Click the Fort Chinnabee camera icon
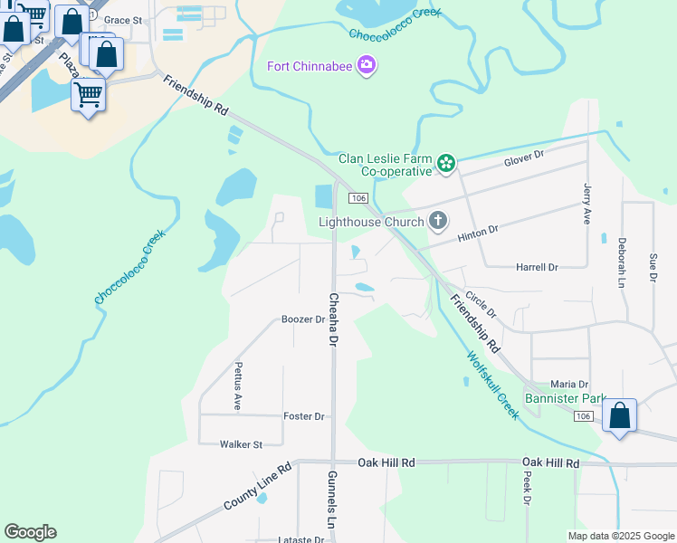pos(367,66)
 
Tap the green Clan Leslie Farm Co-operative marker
pos(445,164)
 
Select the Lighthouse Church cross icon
pos(438,221)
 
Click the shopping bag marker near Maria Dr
pos(619,416)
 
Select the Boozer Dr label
pos(302,319)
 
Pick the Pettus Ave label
pos(238,386)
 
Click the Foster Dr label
pos(303,416)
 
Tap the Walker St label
pos(241,444)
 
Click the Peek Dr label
pos(527,491)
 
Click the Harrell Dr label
pos(537,268)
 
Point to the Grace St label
pos(123,20)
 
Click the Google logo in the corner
pos(30,532)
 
